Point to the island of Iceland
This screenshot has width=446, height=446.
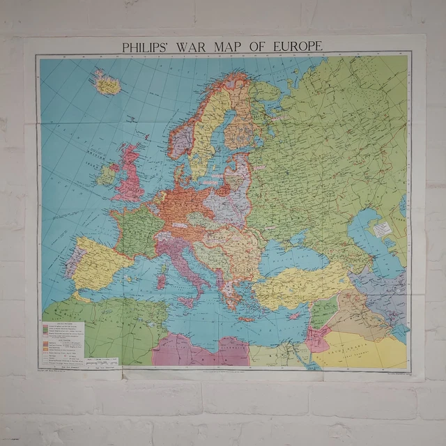pos(107,85)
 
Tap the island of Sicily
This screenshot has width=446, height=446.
pos(187,302)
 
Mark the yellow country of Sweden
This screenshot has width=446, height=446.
pos(202,139)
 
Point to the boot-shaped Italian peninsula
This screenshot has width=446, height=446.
pos(183,261)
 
